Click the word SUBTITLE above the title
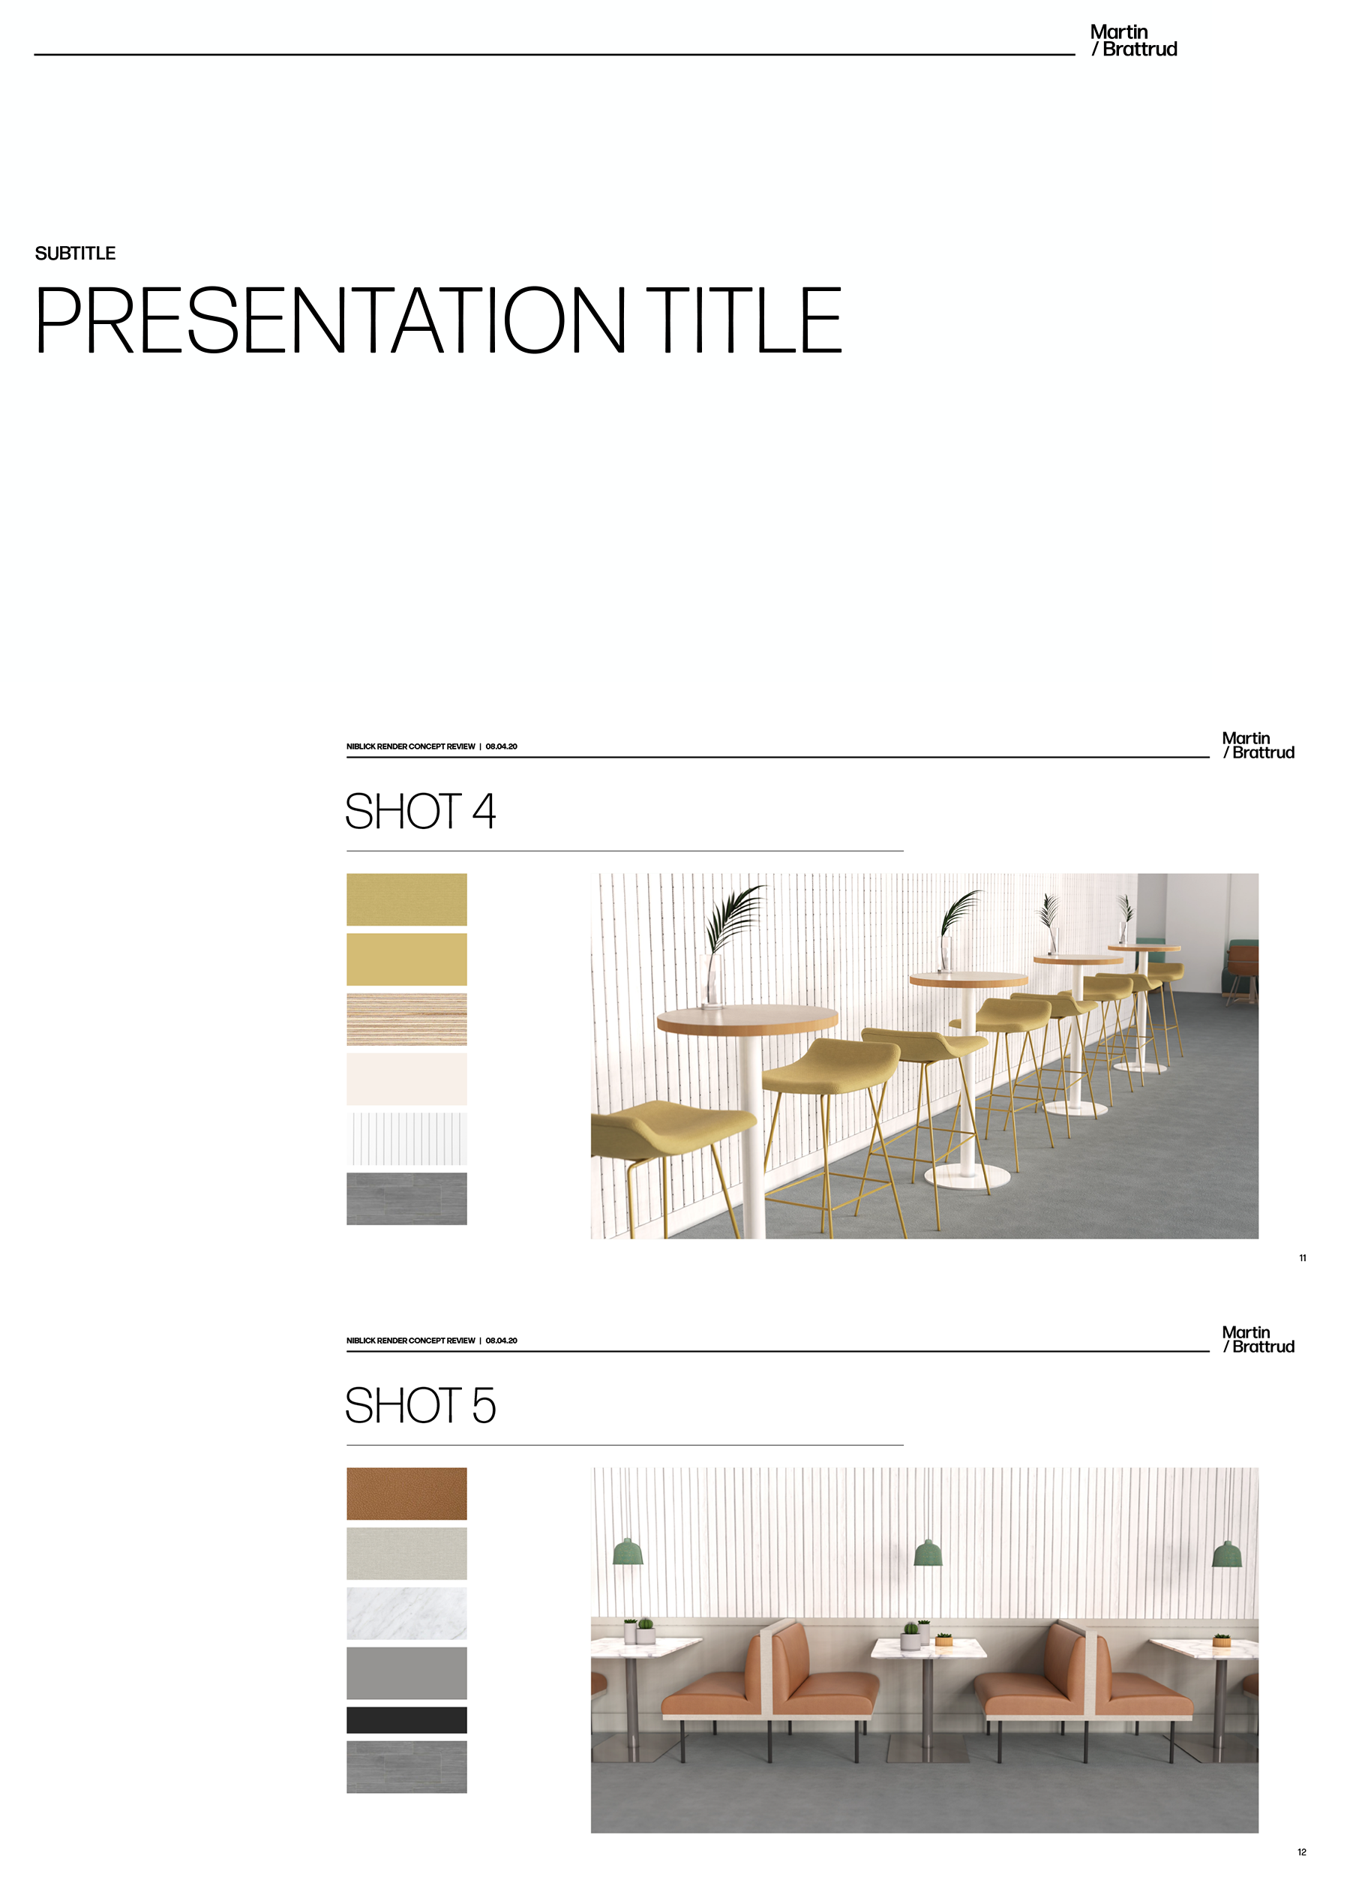point(75,254)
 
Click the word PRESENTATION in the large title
point(330,320)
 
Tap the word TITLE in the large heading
point(744,320)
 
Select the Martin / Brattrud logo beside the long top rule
point(1133,41)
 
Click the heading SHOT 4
point(420,812)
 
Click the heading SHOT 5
point(420,1406)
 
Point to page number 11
point(1303,1258)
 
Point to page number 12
point(1302,1852)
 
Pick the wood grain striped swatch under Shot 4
point(406,1020)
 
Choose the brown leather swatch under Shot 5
point(406,1494)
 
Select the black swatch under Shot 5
point(406,1720)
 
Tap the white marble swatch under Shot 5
point(406,1614)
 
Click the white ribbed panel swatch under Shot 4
point(406,1139)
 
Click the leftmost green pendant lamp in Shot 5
point(628,1551)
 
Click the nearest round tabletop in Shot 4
point(746,1019)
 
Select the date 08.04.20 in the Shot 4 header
point(501,746)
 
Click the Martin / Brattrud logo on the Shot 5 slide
point(1258,1339)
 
